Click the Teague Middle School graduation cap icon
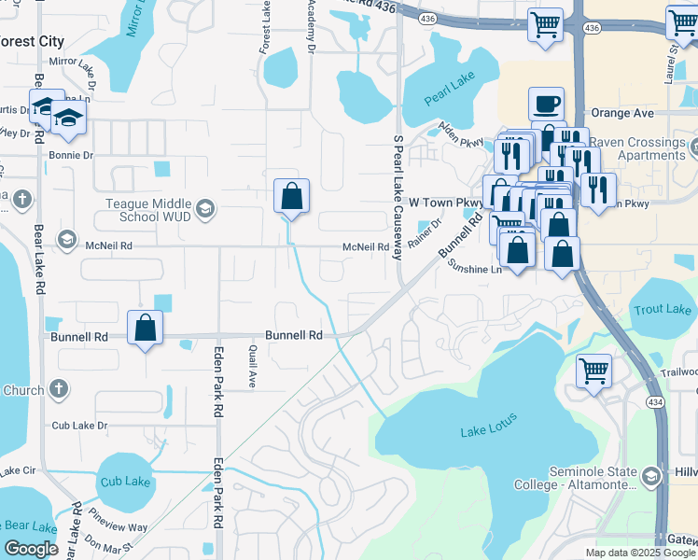pyautogui.click(x=205, y=209)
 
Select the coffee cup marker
pyautogui.click(x=546, y=105)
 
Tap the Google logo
pyautogui.click(x=32, y=549)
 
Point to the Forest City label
pyautogui.click(x=32, y=41)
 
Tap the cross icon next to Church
pyautogui.click(x=59, y=388)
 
